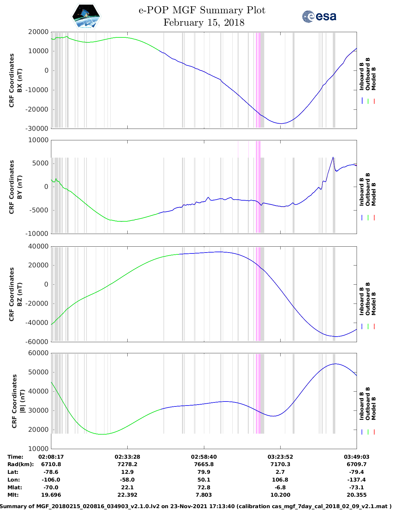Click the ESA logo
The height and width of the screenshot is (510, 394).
[319, 16]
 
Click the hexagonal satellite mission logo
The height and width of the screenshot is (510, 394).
[86, 16]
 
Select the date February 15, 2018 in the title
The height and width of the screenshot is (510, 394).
[204, 23]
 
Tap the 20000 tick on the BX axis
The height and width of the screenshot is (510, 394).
[38, 32]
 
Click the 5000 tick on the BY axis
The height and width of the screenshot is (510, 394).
[41, 163]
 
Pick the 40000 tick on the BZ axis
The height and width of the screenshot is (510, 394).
[38, 246]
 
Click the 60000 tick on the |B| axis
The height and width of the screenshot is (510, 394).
[38, 353]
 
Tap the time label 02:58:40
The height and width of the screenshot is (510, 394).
[204, 457]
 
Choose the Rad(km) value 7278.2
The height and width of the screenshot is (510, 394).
[127, 464]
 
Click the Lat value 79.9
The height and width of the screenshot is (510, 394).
[204, 472]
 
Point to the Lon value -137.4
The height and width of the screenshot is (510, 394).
[357, 480]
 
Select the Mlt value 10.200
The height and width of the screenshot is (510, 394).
[280, 495]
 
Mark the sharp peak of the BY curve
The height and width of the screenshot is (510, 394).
[333, 157]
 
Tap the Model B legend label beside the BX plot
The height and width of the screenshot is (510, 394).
[374, 79]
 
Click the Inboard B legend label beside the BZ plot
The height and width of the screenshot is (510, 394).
[362, 301]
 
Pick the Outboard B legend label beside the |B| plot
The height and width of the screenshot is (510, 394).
[368, 404]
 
